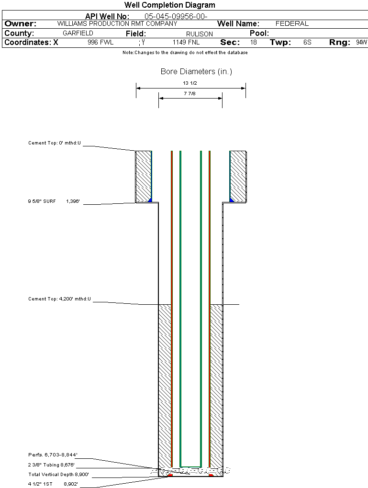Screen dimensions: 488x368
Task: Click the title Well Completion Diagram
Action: [x=169, y=5]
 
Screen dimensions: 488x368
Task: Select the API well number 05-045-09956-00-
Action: [x=176, y=16]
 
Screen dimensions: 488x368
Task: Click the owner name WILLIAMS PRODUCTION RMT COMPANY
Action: [x=117, y=23]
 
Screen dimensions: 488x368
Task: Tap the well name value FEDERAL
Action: [x=292, y=23]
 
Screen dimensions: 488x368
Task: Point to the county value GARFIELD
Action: [x=78, y=33]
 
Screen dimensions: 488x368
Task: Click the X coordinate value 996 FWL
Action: [x=100, y=43]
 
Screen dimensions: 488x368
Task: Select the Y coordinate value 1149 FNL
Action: [x=186, y=43]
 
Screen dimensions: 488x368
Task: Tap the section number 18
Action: [x=253, y=43]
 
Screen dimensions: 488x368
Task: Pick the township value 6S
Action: [x=307, y=43]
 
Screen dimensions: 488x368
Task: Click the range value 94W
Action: [x=361, y=43]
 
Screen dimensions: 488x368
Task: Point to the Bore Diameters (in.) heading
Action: [x=196, y=72]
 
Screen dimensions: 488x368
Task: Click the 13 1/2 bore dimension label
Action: [x=190, y=83]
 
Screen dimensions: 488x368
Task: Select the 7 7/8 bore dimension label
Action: [x=190, y=94]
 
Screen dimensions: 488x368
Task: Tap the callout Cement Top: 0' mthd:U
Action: [x=55, y=143]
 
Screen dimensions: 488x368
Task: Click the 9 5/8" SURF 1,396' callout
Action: [x=54, y=202]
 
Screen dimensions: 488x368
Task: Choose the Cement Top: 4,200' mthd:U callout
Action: [x=59, y=299]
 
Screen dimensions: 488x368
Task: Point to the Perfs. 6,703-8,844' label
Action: [x=53, y=455]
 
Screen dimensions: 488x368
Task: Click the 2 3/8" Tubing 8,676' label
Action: [x=51, y=465]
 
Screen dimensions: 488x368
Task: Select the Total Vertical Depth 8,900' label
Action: [x=59, y=475]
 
